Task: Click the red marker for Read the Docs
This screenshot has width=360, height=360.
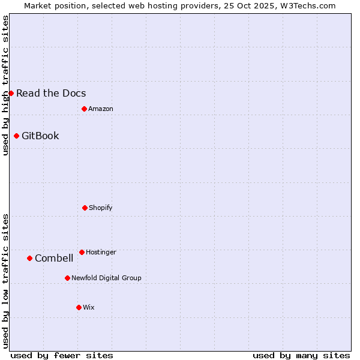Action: (11, 93)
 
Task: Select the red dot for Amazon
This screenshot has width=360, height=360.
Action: (84, 109)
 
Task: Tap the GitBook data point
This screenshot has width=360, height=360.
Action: (16, 136)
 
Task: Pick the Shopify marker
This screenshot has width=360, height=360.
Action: (85, 208)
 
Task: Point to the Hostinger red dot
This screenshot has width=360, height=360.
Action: (82, 252)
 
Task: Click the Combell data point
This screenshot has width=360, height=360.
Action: (29, 258)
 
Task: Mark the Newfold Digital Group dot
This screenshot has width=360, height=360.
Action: (67, 278)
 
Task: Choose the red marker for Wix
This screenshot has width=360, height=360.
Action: (79, 307)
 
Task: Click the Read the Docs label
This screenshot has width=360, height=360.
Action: (51, 93)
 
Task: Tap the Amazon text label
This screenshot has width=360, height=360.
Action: (101, 109)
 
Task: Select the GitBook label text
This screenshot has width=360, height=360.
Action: (40, 136)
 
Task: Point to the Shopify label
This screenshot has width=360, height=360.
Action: (101, 208)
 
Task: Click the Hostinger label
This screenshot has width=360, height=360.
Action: (101, 252)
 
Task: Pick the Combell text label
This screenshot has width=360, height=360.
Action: (54, 258)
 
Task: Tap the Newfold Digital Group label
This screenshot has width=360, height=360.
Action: (106, 278)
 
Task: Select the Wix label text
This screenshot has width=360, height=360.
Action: (89, 307)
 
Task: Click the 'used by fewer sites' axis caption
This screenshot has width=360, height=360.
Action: (62, 355)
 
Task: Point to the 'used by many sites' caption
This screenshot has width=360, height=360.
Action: (301, 355)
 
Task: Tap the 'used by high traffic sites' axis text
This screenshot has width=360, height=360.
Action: (5, 85)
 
